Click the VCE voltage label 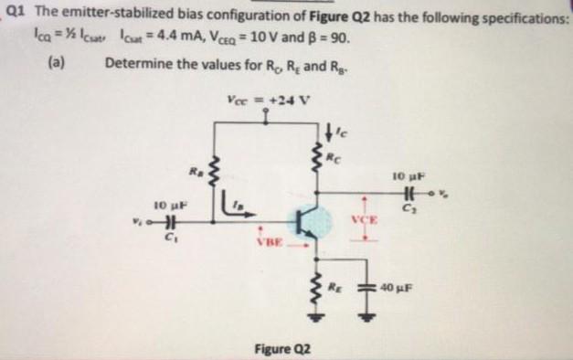click(x=363, y=220)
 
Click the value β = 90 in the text click(x=325, y=42)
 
